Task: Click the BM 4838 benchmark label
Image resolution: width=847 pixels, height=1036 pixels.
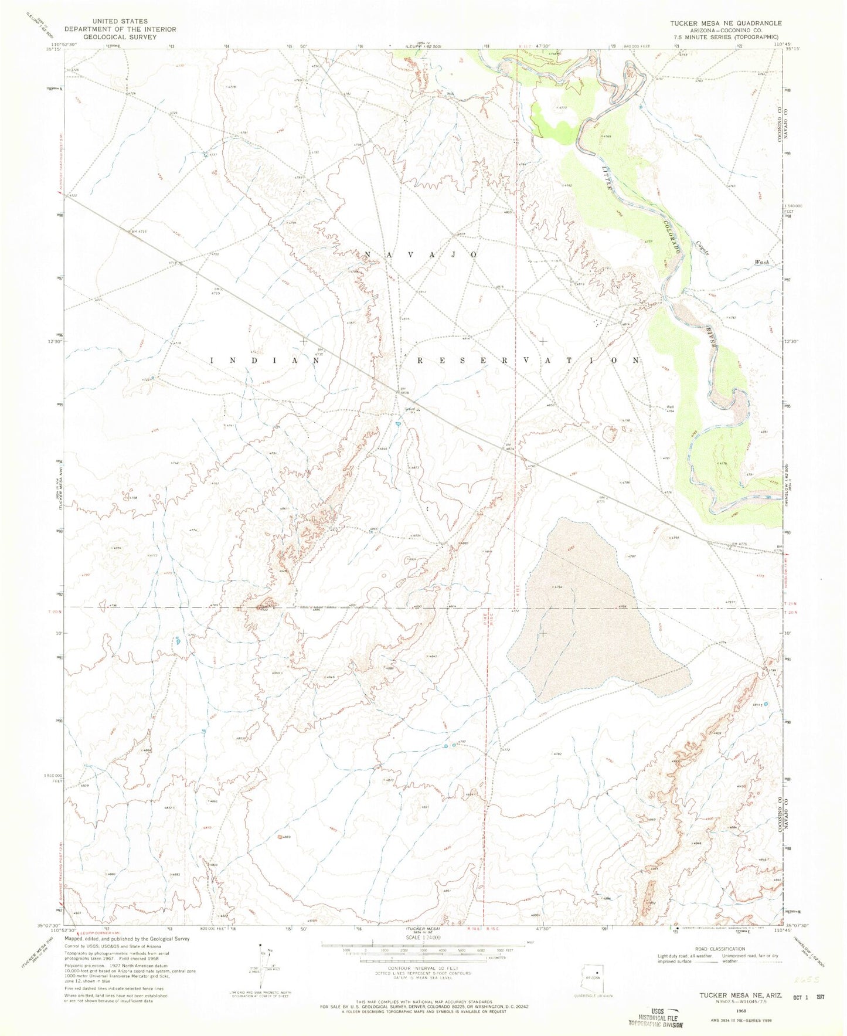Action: tap(403, 389)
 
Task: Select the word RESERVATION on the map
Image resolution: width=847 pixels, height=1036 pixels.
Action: tap(529, 361)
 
